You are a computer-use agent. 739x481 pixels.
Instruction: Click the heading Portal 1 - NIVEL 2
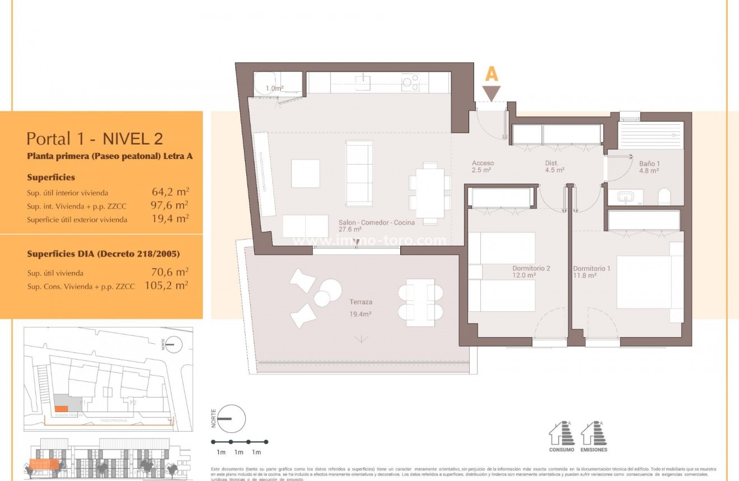tap(95, 138)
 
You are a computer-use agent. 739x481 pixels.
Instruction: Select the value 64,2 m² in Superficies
tap(170, 192)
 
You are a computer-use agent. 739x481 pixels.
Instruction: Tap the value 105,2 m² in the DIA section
tap(166, 286)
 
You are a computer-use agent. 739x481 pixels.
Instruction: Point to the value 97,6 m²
tap(170, 206)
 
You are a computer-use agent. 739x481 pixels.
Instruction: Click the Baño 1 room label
tap(649, 167)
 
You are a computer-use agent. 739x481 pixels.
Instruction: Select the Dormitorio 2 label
tap(531, 272)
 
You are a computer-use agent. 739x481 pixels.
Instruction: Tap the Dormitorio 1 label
tap(591, 272)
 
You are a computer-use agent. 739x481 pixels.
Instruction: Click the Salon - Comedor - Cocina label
tap(376, 225)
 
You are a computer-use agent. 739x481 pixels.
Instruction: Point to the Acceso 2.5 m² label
tap(482, 166)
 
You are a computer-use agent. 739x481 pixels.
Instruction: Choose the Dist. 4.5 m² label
tap(554, 166)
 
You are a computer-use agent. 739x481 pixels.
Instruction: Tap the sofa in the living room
tap(359, 173)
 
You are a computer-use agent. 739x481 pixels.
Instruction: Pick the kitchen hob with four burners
tap(411, 83)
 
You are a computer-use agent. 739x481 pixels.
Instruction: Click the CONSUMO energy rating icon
tap(561, 435)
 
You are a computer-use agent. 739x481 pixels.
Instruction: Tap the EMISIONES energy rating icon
tap(593, 435)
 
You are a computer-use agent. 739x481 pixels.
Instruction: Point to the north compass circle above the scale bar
tap(231, 418)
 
